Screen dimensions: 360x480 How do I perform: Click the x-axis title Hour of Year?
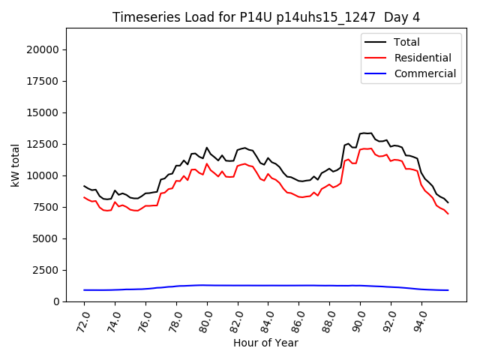pos(266,343)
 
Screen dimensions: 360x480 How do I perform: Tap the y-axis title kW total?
pos(16,165)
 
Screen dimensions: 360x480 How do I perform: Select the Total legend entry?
pos(406,42)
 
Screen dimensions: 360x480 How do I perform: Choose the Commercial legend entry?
pos(425,73)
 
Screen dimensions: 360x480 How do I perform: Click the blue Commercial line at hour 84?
pos(268,285)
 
